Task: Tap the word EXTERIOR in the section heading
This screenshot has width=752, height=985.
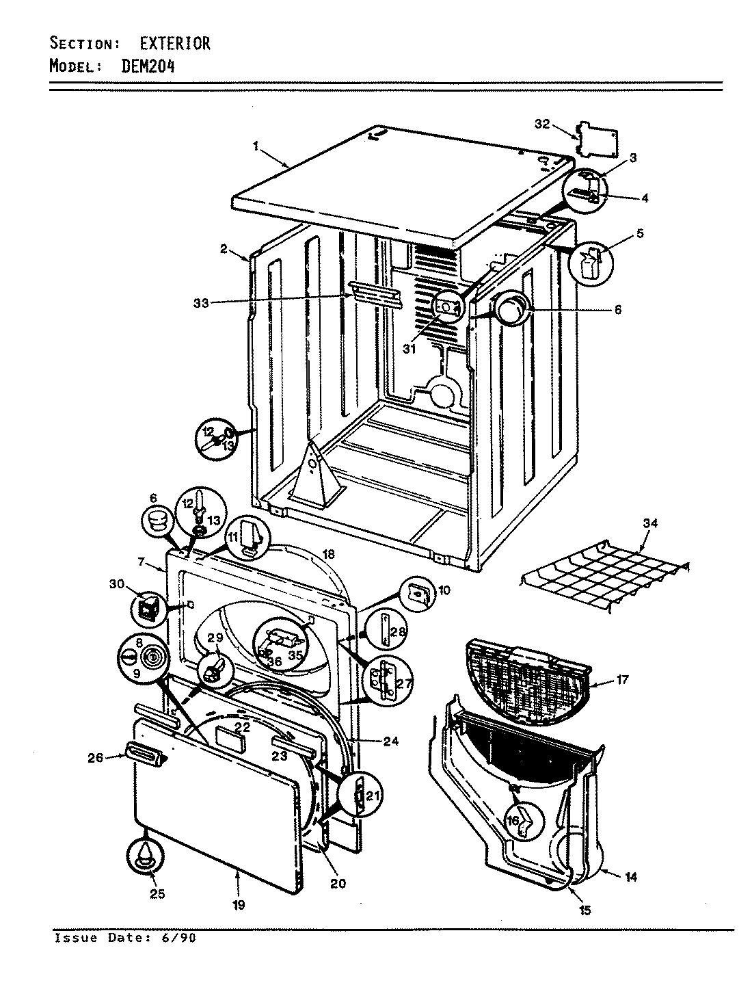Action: click(176, 44)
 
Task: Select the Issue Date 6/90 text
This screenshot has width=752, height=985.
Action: click(125, 938)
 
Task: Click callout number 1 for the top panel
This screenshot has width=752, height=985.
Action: click(255, 145)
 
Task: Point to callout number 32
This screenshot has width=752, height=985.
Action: click(542, 124)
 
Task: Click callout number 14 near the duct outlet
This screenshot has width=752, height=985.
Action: click(630, 876)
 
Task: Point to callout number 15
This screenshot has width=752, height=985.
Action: click(585, 910)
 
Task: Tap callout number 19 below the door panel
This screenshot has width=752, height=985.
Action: click(238, 904)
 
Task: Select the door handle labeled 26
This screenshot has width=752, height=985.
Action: click(144, 754)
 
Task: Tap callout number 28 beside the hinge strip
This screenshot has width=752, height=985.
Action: click(399, 631)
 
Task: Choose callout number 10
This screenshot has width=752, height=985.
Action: click(444, 590)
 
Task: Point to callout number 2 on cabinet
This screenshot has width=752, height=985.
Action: click(224, 249)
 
